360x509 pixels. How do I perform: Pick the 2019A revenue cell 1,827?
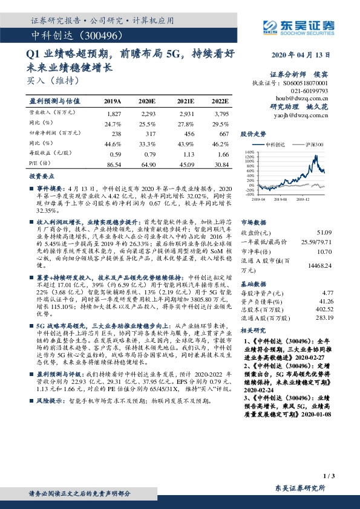point(114,114)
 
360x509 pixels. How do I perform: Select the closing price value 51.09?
point(324,233)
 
